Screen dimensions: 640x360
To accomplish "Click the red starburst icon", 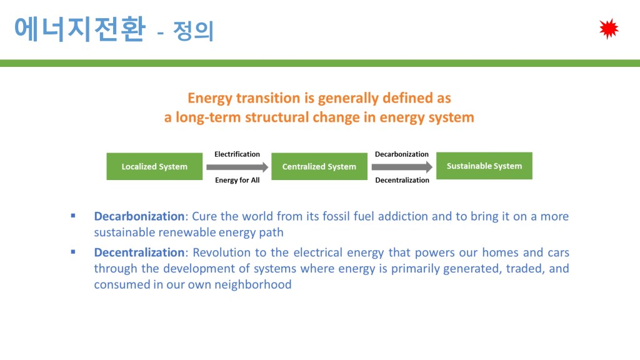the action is pos(609,29).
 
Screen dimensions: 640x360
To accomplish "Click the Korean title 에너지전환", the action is pos(80,29).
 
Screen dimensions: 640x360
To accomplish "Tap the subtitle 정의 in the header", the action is pos(193,31).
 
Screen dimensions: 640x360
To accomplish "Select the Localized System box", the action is pos(154,166).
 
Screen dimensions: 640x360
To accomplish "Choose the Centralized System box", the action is pos(319,166).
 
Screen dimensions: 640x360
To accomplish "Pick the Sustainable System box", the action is pos(484,166).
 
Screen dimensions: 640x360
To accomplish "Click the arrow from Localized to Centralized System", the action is pos(237,167).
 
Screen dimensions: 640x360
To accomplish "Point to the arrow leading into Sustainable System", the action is pos(402,167).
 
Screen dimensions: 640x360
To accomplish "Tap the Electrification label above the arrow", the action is pos(237,154).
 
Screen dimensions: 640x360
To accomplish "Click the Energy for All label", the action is pos(237,180).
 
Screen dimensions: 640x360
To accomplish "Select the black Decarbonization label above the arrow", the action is pos(402,154).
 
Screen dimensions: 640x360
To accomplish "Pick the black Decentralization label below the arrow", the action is pos(402,180).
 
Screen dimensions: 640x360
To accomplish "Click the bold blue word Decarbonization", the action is pos(139,216).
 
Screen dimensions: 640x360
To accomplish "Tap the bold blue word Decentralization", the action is pos(139,252).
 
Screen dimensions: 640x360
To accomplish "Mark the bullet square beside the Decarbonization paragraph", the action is pos(73,216).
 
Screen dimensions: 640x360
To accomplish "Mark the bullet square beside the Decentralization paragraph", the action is pos(73,252).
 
